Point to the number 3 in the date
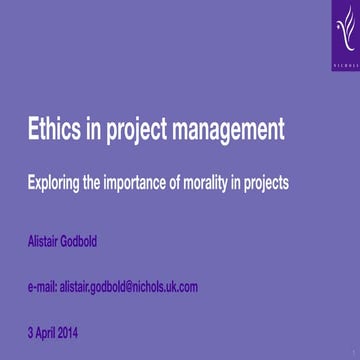point(30,331)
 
